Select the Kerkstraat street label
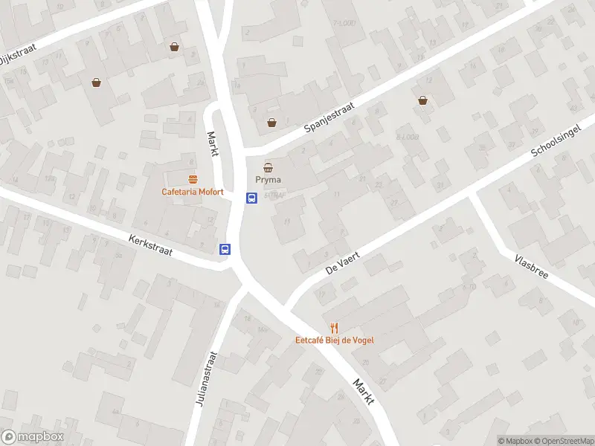tap(150, 246)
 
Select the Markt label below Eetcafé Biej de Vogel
tap(363, 392)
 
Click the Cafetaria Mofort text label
tap(193, 192)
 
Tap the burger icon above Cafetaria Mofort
tap(193, 178)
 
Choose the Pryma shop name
tap(268, 181)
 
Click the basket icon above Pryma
tap(268, 167)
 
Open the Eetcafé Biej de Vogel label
tap(335, 340)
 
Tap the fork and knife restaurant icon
tap(335, 327)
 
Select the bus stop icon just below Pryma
tap(252, 198)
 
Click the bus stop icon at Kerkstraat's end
tap(225, 249)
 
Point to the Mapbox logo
tap(33, 437)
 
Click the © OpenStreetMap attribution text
tap(563, 441)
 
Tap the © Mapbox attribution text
tap(515, 441)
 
